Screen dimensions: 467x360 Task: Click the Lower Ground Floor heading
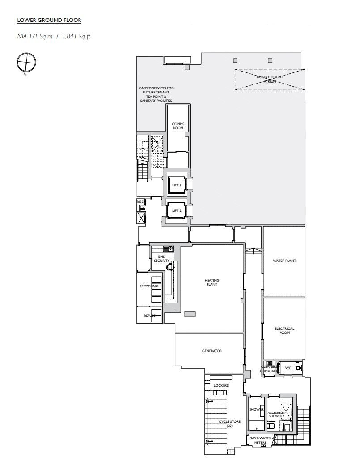[x=49, y=20]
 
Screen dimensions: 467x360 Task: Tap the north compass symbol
[x=26, y=62]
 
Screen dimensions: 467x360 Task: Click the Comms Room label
[x=178, y=126]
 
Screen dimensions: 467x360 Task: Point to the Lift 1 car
[x=176, y=185]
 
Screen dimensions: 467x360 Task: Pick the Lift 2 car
[x=176, y=210]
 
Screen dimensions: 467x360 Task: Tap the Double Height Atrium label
[x=270, y=79]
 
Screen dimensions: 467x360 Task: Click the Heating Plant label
[x=212, y=282]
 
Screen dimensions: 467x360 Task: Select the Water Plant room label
[x=284, y=261]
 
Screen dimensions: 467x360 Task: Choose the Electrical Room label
[x=284, y=330]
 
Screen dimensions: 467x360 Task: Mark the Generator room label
[x=212, y=351]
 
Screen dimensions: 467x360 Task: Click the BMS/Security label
[x=162, y=258]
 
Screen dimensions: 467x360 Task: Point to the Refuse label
[x=149, y=316]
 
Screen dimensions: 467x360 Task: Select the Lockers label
[x=221, y=385]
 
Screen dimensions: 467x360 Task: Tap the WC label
[x=288, y=368]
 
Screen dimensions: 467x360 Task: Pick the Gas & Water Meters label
[x=260, y=441]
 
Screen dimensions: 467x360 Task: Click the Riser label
[x=141, y=202]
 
